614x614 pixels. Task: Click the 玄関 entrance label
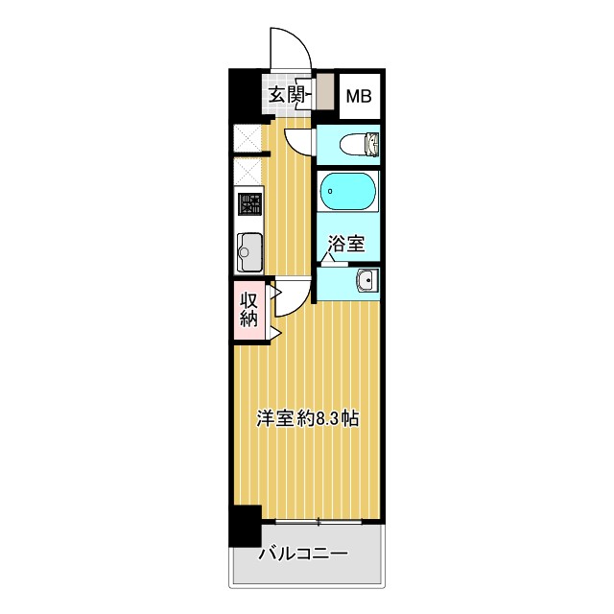click(285, 94)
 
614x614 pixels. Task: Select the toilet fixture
click(361, 144)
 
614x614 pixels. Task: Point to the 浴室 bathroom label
click(345, 243)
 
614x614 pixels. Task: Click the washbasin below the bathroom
click(365, 280)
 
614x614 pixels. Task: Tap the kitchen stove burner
click(249, 206)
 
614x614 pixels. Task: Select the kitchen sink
click(249, 252)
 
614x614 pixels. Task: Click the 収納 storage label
click(248, 309)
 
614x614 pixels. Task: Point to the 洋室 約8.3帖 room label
click(307, 418)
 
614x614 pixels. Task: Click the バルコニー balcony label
click(302, 555)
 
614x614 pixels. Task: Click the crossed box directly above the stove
click(248, 172)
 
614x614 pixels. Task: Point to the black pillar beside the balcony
click(245, 526)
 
